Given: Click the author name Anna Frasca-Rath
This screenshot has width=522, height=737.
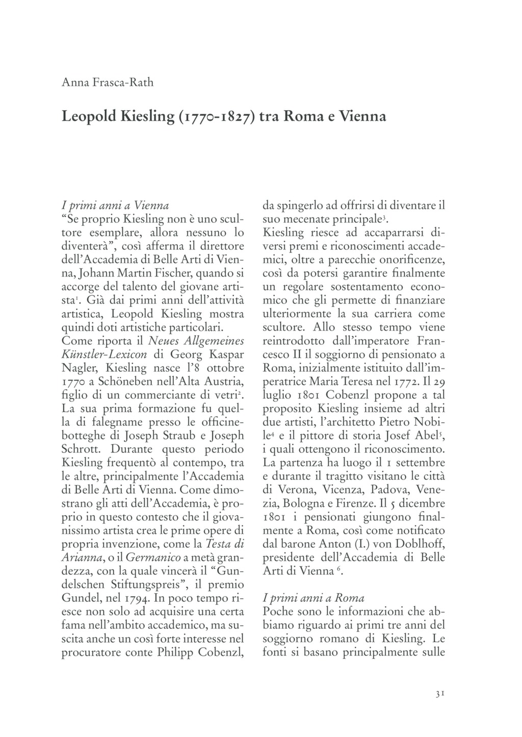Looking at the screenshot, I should [107, 82].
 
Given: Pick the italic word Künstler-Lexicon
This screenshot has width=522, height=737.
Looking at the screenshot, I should [105, 354].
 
